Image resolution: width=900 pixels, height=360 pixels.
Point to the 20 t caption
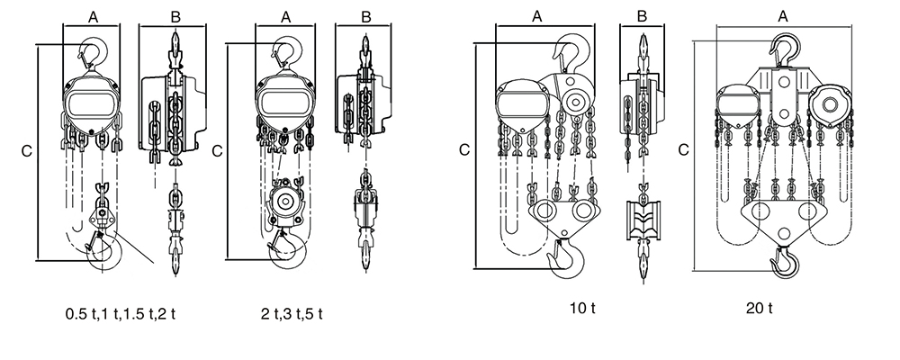click(x=758, y=309)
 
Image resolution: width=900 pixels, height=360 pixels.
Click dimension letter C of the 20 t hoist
click(x=685, y=148)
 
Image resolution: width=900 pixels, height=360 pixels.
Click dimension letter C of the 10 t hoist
click(x=463, y=148)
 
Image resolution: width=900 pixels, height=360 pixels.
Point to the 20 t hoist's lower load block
click(x=783, y=216)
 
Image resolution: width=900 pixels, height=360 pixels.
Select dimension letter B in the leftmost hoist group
click(x=175, y=15)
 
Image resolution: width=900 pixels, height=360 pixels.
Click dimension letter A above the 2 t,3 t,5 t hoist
click(x=286, y=15)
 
